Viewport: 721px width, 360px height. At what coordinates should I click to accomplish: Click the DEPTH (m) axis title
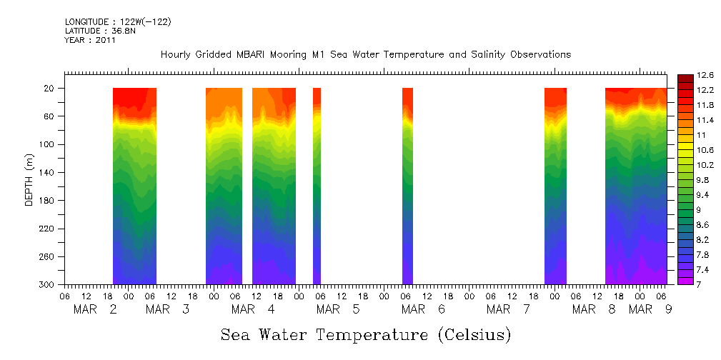tap(29, 179)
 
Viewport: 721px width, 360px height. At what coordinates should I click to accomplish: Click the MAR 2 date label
tap(95, 309)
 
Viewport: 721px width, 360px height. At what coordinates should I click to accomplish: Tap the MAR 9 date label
tap(650, 309)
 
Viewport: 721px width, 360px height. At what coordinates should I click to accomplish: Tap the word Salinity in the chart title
tap(456, 55)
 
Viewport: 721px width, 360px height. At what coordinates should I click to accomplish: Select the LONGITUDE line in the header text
tap(118, 22)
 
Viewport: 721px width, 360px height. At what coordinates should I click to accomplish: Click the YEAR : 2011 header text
tap(90, 40)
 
